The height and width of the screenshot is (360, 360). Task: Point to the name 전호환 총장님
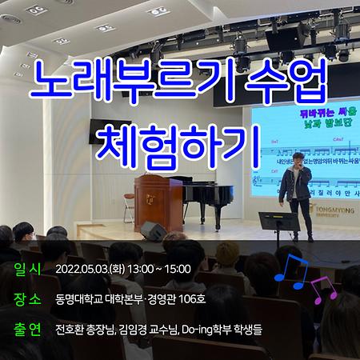coord(85,329)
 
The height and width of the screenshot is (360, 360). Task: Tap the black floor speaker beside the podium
coord(154,231)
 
